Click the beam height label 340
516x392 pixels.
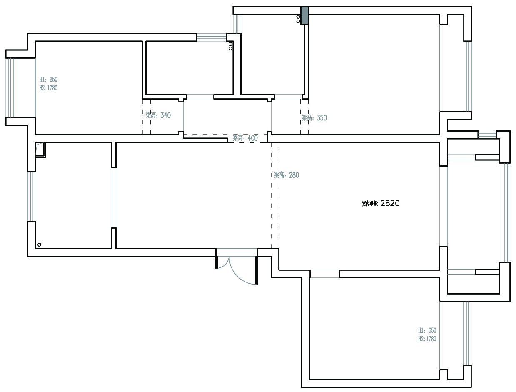158,115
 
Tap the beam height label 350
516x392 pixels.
314,118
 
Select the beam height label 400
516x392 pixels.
245,138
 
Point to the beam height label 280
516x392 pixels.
287,175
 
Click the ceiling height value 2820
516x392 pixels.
390,204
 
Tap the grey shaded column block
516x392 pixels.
305,15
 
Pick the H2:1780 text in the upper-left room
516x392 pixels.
48,88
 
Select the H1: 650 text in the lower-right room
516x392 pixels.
427,330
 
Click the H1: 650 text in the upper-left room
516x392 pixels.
48,79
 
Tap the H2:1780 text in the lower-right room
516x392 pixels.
427,339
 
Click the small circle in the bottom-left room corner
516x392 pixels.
39,245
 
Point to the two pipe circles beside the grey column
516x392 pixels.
298,19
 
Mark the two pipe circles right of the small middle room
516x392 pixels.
230,46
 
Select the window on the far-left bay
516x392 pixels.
10,87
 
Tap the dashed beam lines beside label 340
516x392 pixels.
146,117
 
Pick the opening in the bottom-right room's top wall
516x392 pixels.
324,274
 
